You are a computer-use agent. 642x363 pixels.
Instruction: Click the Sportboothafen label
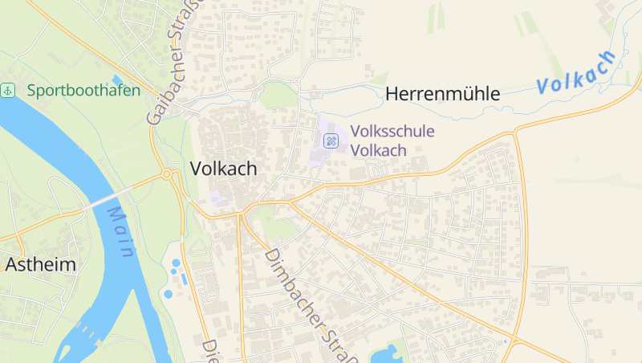(83, 90)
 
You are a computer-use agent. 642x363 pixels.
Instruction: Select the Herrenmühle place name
(443, 94)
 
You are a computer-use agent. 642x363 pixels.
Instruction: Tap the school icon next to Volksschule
(331, 141)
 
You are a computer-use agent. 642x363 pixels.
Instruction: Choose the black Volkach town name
(224, 169)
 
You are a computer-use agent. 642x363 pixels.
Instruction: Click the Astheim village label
(40, 264)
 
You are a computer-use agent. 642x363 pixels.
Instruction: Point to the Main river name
(121, 232)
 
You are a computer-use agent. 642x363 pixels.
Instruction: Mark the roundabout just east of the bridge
(167, 174)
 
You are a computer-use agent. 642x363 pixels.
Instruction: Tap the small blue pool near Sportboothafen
(117, 80)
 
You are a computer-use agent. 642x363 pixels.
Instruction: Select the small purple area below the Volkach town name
(217, 198)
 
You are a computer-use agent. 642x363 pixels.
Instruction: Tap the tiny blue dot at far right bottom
(505, 342)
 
